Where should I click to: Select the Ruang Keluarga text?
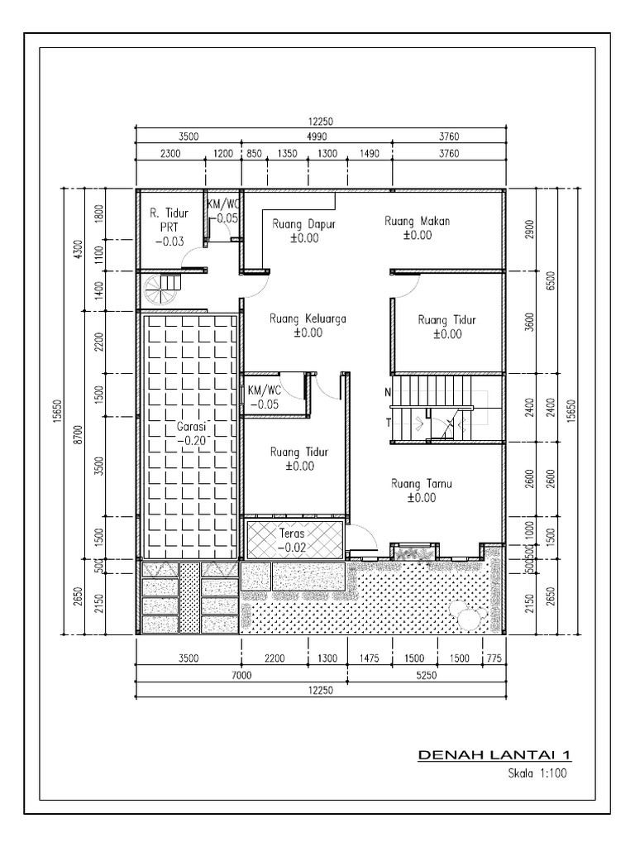pyautogui.click(x=308, y=318)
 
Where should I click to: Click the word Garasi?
pyautogui.click(x=190, y=427)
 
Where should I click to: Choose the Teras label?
pyautogui.click(x=292, y=534)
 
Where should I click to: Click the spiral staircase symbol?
pyautogui.click(x=160, y=290)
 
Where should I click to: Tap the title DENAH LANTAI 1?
pyautogui.click(x=494, y=755)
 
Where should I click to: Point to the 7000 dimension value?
pyautogui.click(x=241, y=676)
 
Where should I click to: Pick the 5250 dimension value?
pyautogui.click(x=427, y=676)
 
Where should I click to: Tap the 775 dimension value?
pyautogui.click(x=493, y=658)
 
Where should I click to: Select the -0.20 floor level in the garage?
pyautogui.click(x=190, y=441)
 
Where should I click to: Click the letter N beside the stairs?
pyautogui.click(x=387, y=392)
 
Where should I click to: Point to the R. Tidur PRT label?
pyautogui.click(x=169, y=224)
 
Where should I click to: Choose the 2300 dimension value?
pyautogui.click(x=170, y=153)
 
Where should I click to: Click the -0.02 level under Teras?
pyautogui.click(x=292, y=547)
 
